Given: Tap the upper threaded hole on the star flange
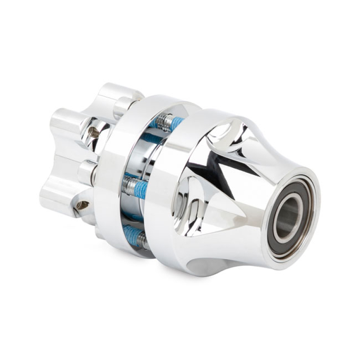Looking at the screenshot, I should point(94,132).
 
